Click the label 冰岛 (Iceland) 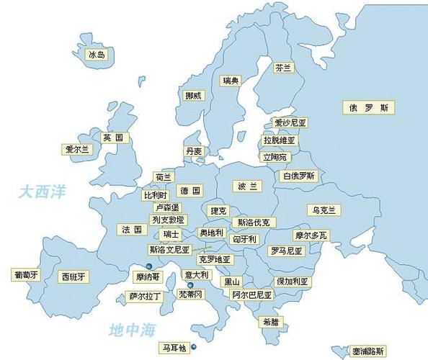tap(97, 55)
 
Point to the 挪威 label tap(194, 95)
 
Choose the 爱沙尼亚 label tap(290, 124)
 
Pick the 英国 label tap(112, 138)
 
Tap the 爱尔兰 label tap(77, 150)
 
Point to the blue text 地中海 tap(132, 330)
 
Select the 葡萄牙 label tap(25, 275)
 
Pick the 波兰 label tap(247, 186)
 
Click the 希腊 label tap(270, 322)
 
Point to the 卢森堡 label tap(162, 207)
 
